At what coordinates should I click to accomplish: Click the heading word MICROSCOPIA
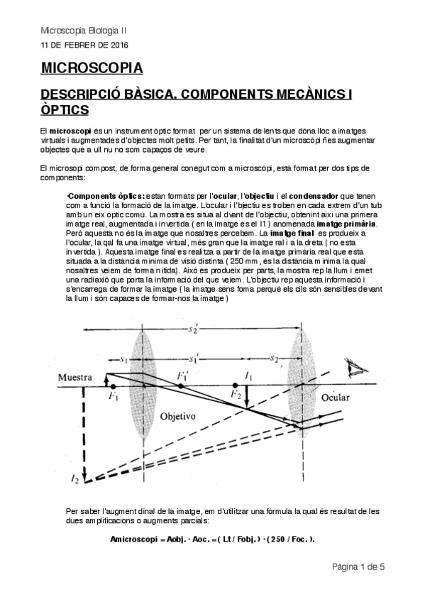click(x=92, y=68)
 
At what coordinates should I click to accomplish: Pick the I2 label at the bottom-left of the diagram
click(x=76, y=481)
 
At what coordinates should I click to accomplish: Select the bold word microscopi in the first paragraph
click(x=70, y=132)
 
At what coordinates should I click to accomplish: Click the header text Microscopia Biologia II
click(x=84, y=31)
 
